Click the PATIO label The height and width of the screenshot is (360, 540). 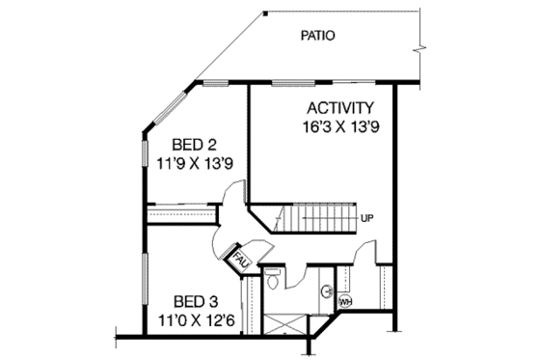coord(317,37)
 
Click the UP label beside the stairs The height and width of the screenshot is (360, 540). coord(366,218)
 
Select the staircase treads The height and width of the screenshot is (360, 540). coord(317,218)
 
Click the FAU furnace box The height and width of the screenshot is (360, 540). coord(238,258)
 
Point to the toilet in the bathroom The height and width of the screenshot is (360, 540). coord(273,281)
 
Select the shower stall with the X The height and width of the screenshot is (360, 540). coord(285,320)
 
